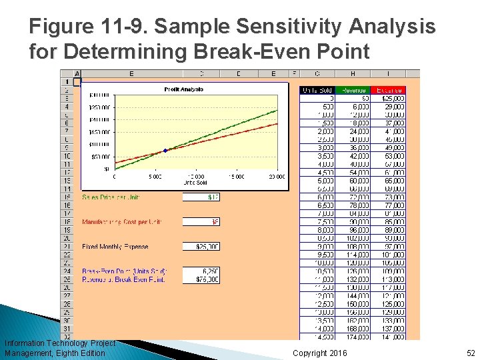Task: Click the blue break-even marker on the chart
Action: [x=165, y=150]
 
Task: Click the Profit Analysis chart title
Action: [x=183, y=89]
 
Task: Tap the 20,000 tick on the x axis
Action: [x=277, y=177]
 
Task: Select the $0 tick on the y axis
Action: [x=107, y=169]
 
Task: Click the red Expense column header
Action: [x=389, y=90]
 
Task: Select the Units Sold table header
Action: [x=318, y=90]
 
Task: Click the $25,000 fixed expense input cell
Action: [x=201, y=247]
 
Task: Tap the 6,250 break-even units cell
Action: [x=201, y=271]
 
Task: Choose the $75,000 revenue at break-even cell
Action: [x=201, y=279]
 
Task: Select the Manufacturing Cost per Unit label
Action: [x=121, y=222]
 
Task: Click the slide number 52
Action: [x=470, y=353]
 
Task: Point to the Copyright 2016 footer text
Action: [x=319, y=353]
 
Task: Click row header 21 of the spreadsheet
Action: [x=67, y=247]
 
